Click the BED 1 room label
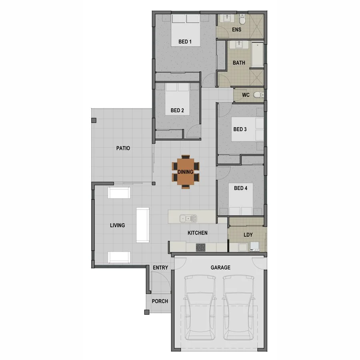pos(185,42)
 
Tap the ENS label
pos(237,30)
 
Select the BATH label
pos(239,63)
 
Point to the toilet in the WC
pos(258,95)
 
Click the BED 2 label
pos(177,110)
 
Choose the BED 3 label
pos(240,129)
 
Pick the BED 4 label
pos(240,188)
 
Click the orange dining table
pos(185,172)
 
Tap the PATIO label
pos(123,148)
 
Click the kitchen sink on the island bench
pos(188,218)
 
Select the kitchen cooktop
pos(200,248)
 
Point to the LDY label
pos(248,235)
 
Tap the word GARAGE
pos(220,268)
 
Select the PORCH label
pos(160,301)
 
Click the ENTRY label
pos(160,268)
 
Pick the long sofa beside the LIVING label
pos(142,224)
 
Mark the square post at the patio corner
pos(94,120)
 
